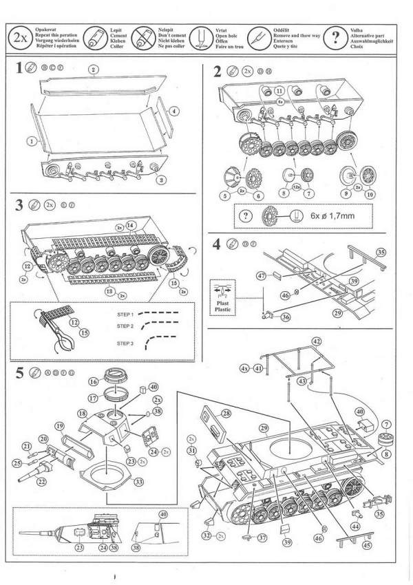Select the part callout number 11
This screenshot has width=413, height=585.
[x=279, y=90]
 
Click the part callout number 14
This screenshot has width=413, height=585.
[x=131, y=224]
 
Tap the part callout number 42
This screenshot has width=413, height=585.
[x=317, y=341]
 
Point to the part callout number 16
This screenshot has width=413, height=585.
[x=92, y=381]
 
